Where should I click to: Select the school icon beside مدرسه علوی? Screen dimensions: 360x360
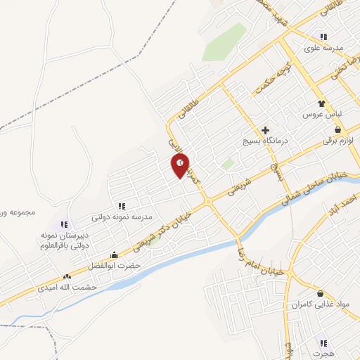[x=323, y=37]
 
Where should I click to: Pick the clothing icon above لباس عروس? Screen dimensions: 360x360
[x=323, y=101]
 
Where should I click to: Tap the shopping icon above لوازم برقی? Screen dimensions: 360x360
[x=339, y=129]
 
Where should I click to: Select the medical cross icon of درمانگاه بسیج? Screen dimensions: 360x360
[x=265, y=130]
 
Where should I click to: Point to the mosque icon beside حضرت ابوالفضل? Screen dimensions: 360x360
[x=114, y=255]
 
